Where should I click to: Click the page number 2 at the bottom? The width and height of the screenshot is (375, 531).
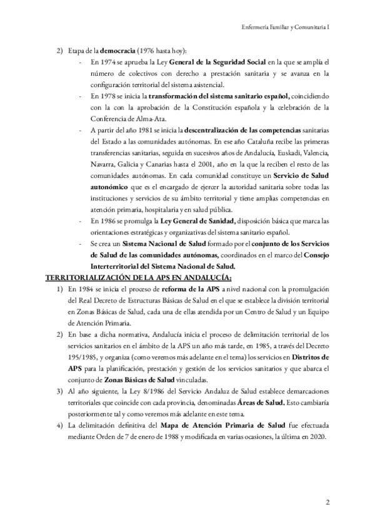(x=327, y=502)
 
